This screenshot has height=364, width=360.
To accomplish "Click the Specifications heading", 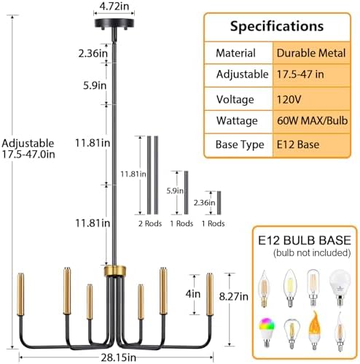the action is point(277,26).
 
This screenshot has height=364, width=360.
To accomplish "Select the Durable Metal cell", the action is point(311,53).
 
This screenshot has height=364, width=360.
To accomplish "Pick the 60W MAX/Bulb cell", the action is point(311,121).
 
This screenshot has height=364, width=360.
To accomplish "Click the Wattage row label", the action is point(237,121).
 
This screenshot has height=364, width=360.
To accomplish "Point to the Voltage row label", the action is point(235,99).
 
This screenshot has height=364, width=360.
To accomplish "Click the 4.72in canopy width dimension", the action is point(114,7).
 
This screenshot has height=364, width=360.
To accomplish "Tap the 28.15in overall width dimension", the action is point(118,357).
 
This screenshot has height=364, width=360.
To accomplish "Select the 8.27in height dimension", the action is point(234,296).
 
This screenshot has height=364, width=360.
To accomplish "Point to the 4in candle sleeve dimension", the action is point(193,294).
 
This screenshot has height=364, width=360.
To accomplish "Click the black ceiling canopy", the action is point(114,24).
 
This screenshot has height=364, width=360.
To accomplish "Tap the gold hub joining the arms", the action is point(115,271).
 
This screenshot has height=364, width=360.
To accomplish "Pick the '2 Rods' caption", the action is point(150,223).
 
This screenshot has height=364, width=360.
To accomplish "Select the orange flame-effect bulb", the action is point(314,330).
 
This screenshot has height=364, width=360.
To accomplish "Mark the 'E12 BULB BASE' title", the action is point(305,240).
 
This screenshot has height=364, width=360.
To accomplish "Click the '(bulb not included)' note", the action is point(312,253).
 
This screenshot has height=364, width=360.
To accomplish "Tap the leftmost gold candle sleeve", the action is point(20,295).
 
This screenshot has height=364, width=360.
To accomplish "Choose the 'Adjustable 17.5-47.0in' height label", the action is point(28,149).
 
